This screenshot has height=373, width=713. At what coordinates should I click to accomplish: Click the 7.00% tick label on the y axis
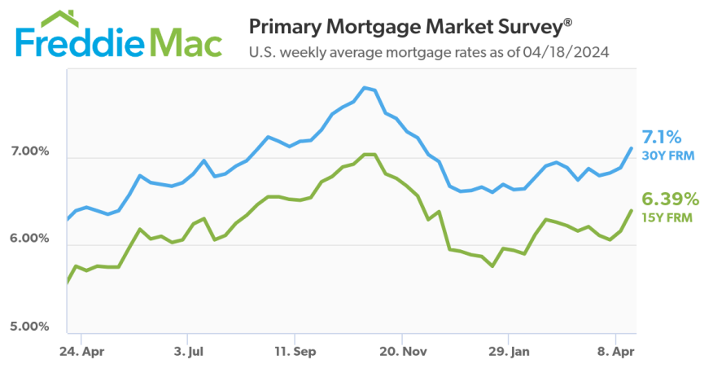point(30,152)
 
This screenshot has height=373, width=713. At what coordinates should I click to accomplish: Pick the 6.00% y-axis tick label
point(30,239)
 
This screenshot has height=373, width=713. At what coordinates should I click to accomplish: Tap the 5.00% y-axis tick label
point(30,327)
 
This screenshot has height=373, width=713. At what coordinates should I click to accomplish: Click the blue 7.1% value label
point(661,136)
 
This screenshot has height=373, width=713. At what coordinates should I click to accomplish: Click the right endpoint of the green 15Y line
point(632,210)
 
